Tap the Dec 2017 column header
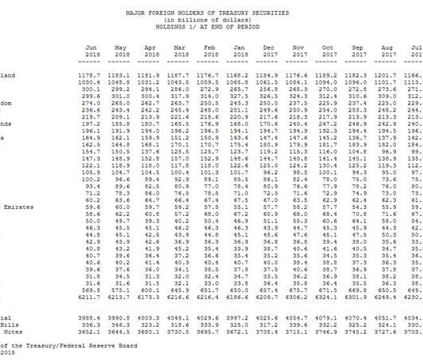pos(269,51)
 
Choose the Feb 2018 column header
pos(210,51)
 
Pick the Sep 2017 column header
pos(356,51)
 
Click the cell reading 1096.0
pos(356,82)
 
